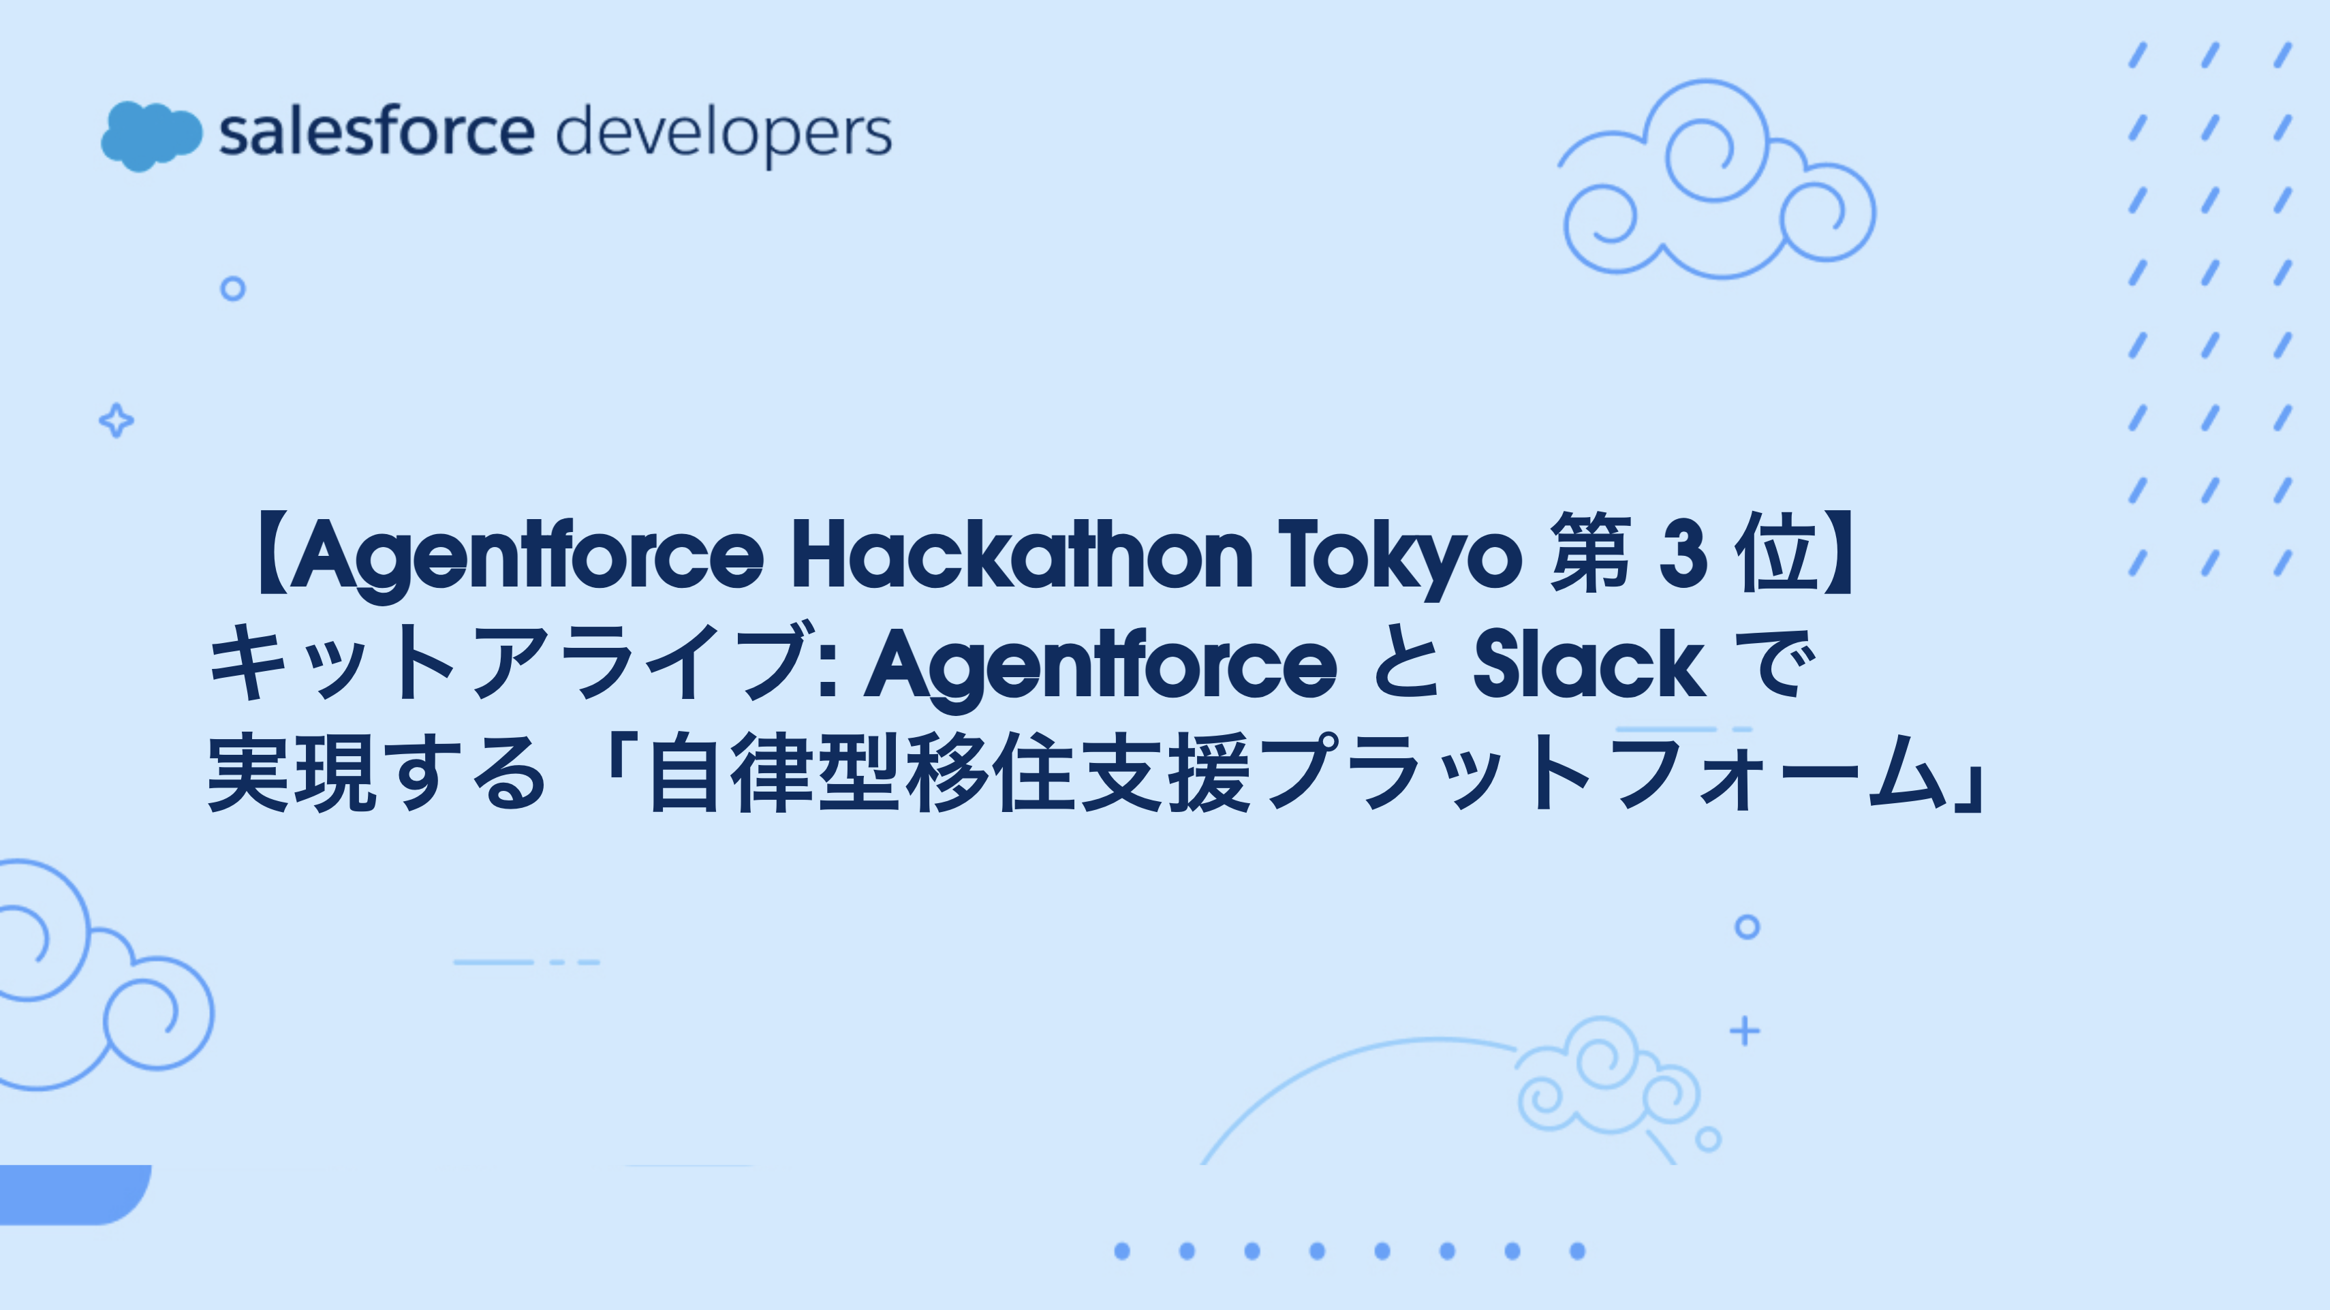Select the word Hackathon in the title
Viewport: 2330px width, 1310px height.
pos(1022,554)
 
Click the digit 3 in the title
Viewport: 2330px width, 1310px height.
pos(1683,555)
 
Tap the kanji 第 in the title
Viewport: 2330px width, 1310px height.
pos(1591,552)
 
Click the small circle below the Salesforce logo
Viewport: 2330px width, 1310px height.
pos(234,289)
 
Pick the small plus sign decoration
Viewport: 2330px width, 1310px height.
pos(1745,1031)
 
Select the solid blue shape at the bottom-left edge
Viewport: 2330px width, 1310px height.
pos(72,1194)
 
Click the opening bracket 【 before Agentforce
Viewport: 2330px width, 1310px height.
pos(270,555)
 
